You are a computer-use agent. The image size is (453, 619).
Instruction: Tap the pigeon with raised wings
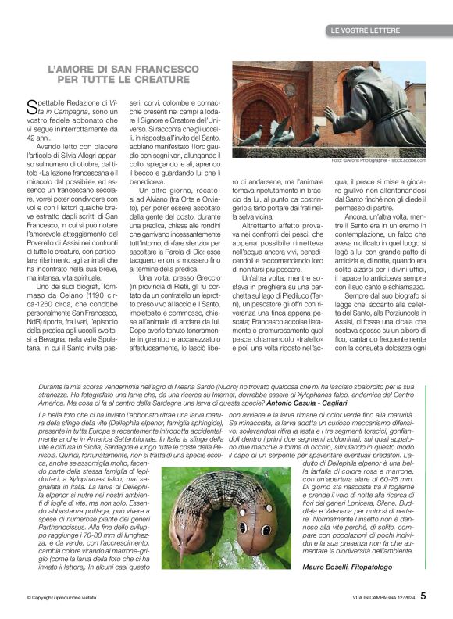(277, 129)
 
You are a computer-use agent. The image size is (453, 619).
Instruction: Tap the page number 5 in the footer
(423, 595)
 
